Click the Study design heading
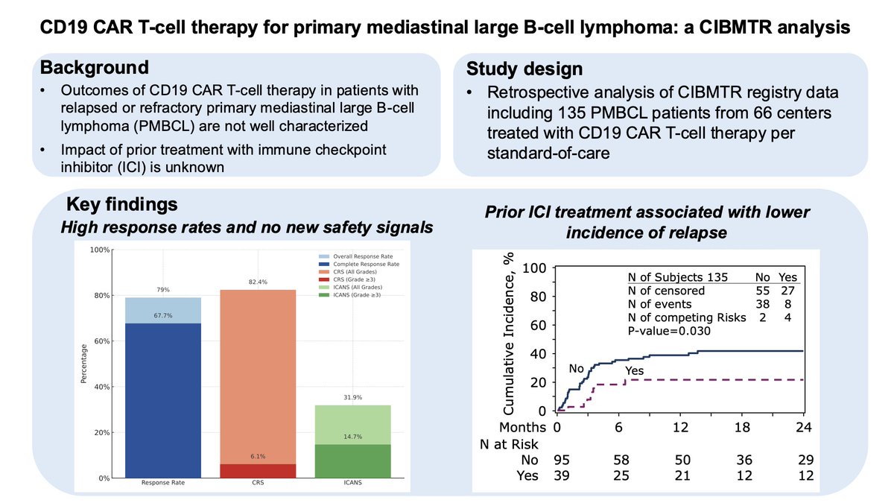525,70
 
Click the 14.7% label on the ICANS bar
358,437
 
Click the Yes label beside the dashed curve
635,370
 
